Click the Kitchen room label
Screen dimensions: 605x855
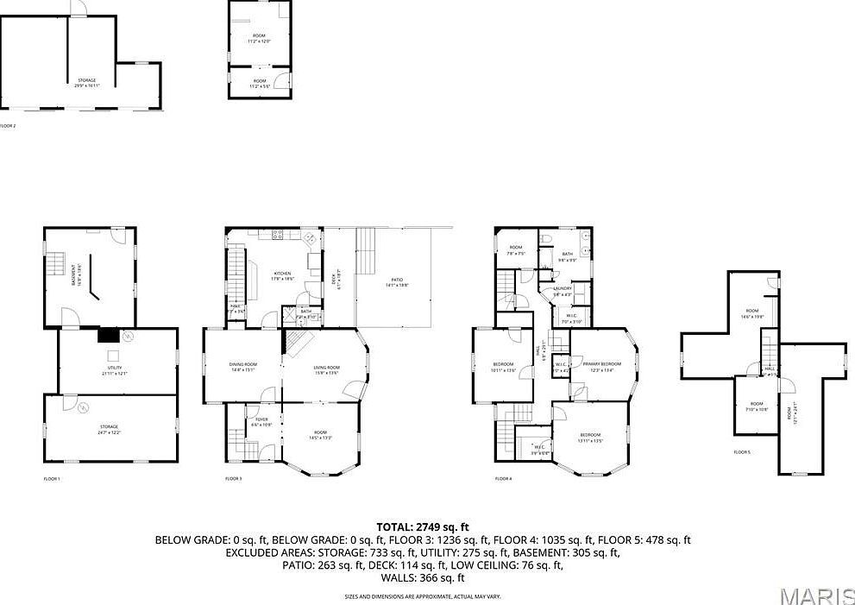click(283, 275)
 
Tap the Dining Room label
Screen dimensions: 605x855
click(242, 369)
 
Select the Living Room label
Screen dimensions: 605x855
click(326, 370)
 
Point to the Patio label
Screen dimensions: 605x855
click(397, 281)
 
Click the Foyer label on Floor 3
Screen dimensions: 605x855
click(261, 422)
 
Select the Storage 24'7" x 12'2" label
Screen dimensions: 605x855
click(109, 428)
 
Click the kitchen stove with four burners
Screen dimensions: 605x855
click(278, 234)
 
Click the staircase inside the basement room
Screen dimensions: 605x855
click(56, 262)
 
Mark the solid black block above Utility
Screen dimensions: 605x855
click(110, 336)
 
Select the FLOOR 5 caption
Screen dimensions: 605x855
click(742, 452)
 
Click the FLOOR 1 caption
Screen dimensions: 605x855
click(52, 478)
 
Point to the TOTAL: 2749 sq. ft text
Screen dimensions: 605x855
click(423, 526)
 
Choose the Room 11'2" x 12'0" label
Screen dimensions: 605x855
click(260, 39)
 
